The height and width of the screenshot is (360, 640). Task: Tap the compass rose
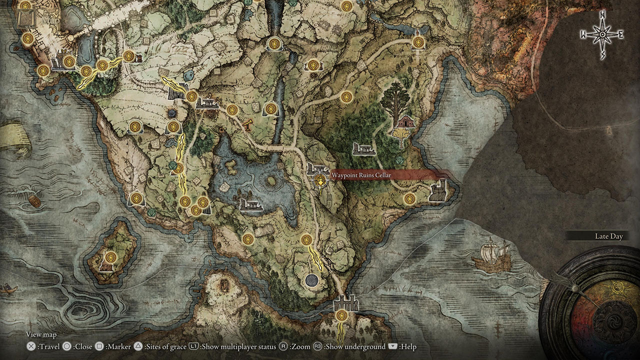[602, 34]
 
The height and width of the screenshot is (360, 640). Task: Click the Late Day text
[608, 236]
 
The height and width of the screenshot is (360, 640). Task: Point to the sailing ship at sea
[495, 255]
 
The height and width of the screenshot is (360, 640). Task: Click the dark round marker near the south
[312, 280]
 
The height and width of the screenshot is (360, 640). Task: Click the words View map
[41, 334]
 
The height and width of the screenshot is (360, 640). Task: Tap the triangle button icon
[138, 347]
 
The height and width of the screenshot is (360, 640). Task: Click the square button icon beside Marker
[99, 347]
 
